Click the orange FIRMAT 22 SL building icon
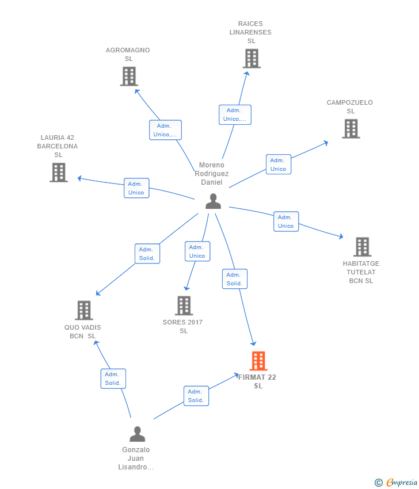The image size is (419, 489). (x=258, y=361)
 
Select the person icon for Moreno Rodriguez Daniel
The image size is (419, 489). (x=213, y=201)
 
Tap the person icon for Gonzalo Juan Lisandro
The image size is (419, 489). (x=138, y=434)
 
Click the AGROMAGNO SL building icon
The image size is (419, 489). (x=129, y=77)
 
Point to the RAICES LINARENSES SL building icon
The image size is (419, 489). (x=252, y=59)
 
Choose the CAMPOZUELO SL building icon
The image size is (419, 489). (x=351, y=129)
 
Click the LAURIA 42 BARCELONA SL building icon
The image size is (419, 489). (x=59, y=173)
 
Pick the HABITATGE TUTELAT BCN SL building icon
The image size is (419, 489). (x=363, y=247)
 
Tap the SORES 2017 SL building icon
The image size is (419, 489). (x=184, y=305)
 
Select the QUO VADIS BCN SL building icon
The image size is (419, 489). (x=84, y=310)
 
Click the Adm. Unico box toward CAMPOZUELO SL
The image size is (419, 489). (x=279, y=165)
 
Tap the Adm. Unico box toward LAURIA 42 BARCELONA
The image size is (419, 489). (x=136, y=188)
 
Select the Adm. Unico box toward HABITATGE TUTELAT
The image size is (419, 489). (x=286, y=221)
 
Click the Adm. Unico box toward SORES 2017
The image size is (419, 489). (x=197, y=251)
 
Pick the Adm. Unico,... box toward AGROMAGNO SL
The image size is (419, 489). (x=165, y=130)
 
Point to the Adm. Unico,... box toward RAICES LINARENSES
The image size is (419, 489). (x=235, y=114)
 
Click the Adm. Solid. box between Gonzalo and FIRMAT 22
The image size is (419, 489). (x=196, y=396)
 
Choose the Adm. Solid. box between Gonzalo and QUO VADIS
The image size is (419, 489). (x=113, y=379)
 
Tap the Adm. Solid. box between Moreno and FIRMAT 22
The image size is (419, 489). (x=235, y=279)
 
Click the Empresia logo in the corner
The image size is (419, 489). (x=395, y=482)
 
